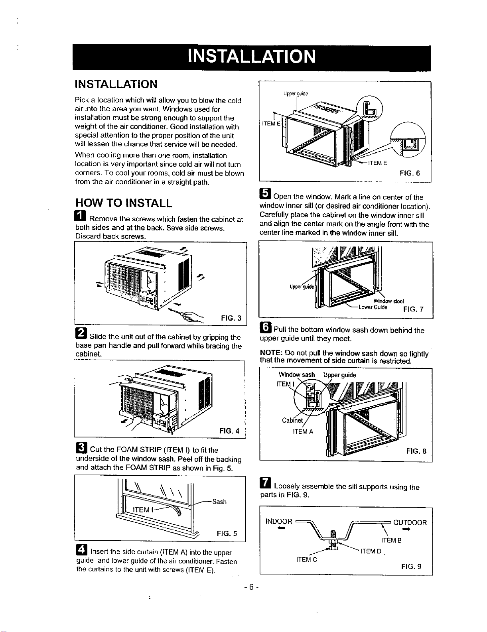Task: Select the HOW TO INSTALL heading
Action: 124,203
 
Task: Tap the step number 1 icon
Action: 80,216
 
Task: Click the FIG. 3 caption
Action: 231,318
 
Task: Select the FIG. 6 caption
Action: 410,173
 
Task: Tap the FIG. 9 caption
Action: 411,566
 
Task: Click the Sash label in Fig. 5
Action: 219,501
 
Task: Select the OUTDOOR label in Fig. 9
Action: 410,522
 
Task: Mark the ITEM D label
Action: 371,551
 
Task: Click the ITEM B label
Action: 391,540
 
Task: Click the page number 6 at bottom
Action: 252,587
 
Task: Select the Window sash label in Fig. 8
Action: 296,374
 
